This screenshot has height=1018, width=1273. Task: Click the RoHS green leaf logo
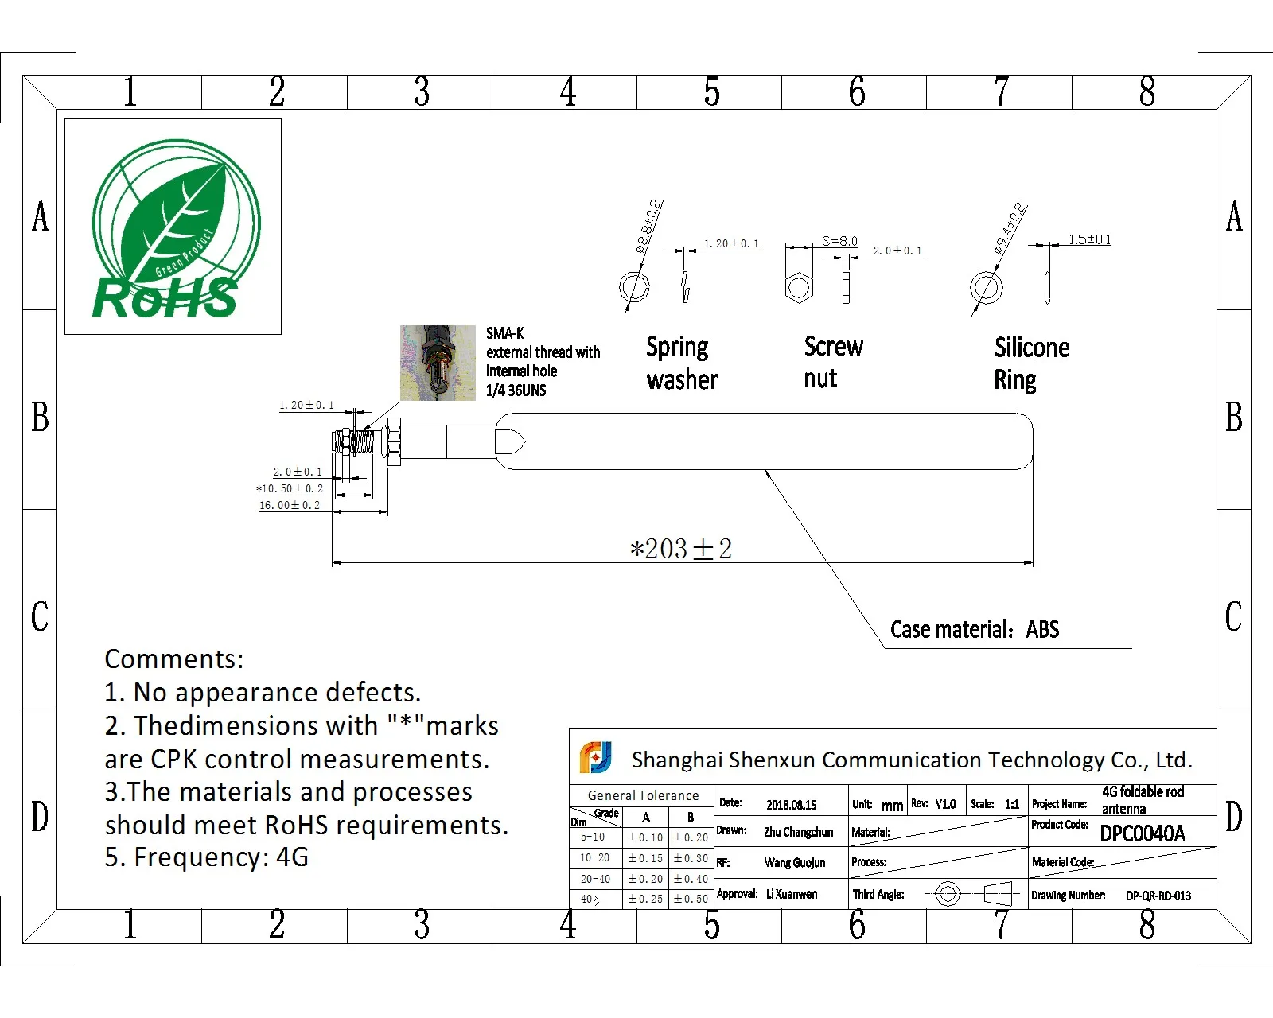click(173, 227)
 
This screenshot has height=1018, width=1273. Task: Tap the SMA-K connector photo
click(438, 362)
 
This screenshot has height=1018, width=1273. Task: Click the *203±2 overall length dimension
click(680, 549)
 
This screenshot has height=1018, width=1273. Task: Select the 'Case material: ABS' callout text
click(975, 630)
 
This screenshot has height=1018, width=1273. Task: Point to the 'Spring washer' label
click(682, 363)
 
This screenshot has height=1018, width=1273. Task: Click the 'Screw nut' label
click(832, 363)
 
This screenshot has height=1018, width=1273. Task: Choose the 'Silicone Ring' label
click(1031, 363)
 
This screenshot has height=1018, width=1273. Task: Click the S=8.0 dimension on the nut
click(839, 241)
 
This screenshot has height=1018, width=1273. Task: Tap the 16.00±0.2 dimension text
click(290, 506)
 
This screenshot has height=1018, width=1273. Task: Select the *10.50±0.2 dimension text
click(290, 488)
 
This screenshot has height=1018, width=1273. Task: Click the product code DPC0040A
click(1143, 833)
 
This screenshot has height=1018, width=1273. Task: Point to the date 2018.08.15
click(791, 805)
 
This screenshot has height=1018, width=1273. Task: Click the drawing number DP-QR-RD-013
click(1158, 896)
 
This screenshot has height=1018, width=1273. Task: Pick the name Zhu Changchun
click(798, 832)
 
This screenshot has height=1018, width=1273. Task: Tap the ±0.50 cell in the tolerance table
click(691, 899)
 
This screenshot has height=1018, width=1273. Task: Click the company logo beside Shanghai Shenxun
click(595, 757)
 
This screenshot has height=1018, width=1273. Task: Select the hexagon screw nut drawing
click(798, 286)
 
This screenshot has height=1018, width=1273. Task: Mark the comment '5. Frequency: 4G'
click(206, 857)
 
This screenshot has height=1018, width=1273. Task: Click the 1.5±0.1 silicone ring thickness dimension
click(1089, 239)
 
